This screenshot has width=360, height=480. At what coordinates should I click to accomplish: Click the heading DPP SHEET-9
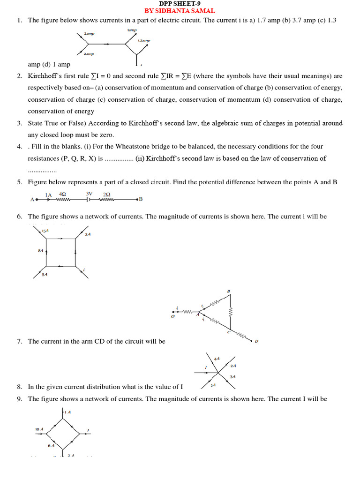[x=180, y=3]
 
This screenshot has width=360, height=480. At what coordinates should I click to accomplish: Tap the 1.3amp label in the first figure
[x=143, y=41]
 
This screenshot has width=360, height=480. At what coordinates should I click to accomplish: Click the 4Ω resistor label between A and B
[x=62, y=194]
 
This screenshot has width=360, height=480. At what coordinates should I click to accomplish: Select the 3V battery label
[x=89, y=194]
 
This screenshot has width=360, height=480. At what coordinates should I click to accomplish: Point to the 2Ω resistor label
[x=106, y=194]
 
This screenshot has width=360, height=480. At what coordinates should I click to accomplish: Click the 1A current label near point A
[x=48, y=195]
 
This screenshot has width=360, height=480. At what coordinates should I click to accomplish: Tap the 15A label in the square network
[x=45, y=231]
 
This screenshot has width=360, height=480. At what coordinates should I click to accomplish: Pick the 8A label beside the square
[x=40, y=251]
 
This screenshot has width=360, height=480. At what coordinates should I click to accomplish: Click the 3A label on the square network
[x=88, y=234]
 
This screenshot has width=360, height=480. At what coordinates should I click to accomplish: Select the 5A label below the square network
[x=44, y=275]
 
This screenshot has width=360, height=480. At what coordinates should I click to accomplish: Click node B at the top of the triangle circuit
[x=229, y=291]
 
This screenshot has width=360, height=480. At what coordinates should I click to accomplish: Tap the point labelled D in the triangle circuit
[x=256, y=341]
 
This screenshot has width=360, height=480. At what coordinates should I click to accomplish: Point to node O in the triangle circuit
[x=172, y=316]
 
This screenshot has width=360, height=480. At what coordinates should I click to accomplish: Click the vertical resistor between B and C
[x=231, y=312]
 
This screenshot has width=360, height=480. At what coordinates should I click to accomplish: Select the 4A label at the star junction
[x=217, y=359]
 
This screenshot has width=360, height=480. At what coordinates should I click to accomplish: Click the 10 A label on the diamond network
[x=39, y=429]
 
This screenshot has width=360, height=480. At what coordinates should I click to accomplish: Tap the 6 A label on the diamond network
[x=51, y=445]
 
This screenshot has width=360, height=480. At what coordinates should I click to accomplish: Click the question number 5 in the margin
[x=19, y=182]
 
